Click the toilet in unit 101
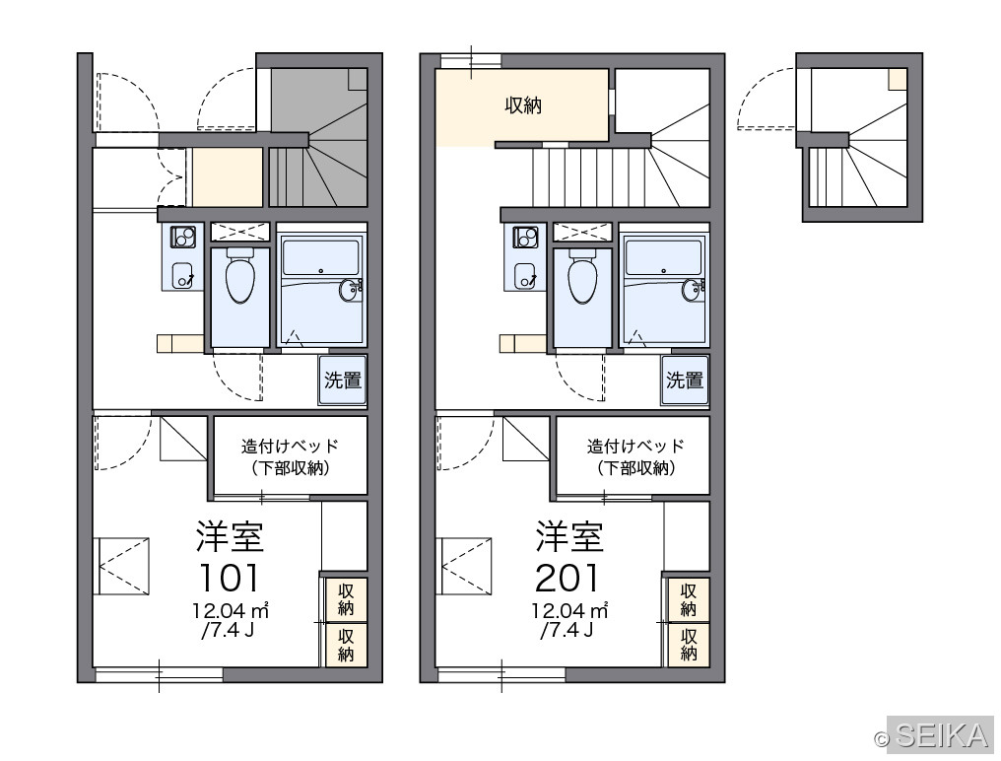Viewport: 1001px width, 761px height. point(240,276)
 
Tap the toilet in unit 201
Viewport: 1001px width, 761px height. point(582,276)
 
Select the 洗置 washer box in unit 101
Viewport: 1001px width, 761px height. point(343,380)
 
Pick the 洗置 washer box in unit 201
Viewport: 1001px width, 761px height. point(685,380)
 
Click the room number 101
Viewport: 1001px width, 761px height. point(230,578)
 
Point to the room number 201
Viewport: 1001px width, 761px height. point(568,578)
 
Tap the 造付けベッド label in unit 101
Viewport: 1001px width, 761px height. point(290,446)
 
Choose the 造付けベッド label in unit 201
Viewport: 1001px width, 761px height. point(635,446)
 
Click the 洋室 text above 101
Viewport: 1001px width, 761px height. point(230,536)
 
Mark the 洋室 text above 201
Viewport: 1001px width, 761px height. point(569,536)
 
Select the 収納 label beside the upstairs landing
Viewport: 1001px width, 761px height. point(523,105)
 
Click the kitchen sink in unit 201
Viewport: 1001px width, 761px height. point(525,275)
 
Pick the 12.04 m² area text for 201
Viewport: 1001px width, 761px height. point(570,611)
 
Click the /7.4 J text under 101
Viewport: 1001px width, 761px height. point(228,630)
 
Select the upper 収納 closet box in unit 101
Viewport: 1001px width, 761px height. point(346,598)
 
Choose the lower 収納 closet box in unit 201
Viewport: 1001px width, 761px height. point(688,645)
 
